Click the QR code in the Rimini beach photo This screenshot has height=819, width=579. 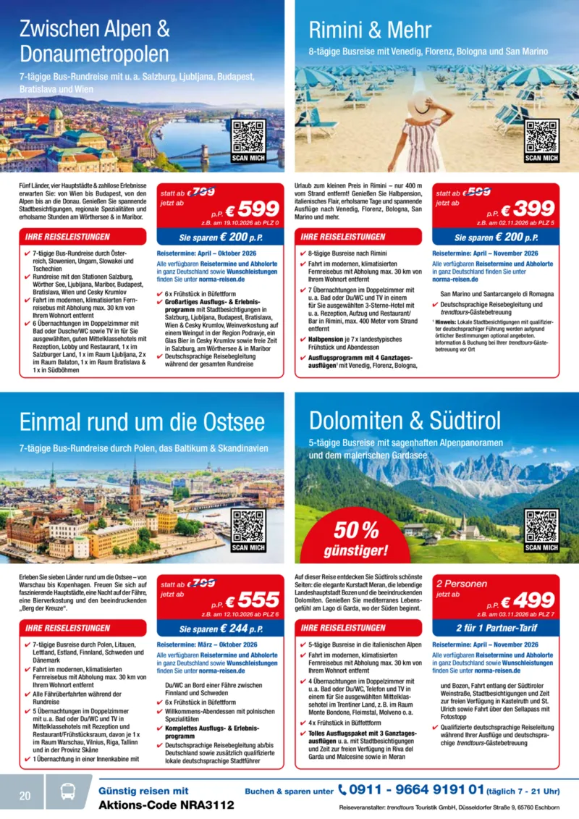tap(542, 136)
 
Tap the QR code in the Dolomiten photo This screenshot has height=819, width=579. tap(542, 526)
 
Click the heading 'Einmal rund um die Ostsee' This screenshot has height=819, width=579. tap(142, 422)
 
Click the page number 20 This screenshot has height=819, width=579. tap(25, 796)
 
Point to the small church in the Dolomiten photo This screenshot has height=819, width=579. tap(463, 527)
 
